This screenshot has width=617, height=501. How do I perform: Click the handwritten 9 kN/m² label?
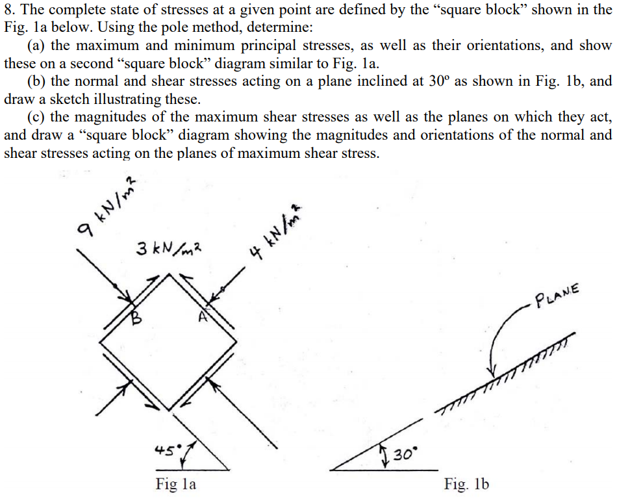point(107,207)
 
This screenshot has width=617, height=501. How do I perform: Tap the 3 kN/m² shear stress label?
point(169,248)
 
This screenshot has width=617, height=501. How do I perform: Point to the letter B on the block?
point(135,317)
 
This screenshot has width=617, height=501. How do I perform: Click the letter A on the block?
point(203,316)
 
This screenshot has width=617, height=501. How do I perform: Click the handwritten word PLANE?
point(557,295)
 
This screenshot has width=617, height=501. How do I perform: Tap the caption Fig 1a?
point(175,483)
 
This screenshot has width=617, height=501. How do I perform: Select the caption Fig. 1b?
point(466,483)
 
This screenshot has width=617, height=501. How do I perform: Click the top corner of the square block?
point(170,274)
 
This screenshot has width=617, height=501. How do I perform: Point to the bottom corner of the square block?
point(169,411)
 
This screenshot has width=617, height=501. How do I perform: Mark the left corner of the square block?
point(100,342)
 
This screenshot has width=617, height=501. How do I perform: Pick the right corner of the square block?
point(236,342)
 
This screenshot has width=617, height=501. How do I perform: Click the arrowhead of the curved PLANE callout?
point(491,372)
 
